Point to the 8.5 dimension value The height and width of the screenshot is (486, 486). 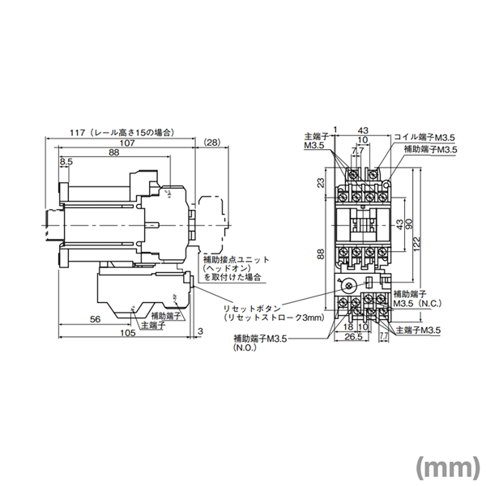[66, 162]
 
